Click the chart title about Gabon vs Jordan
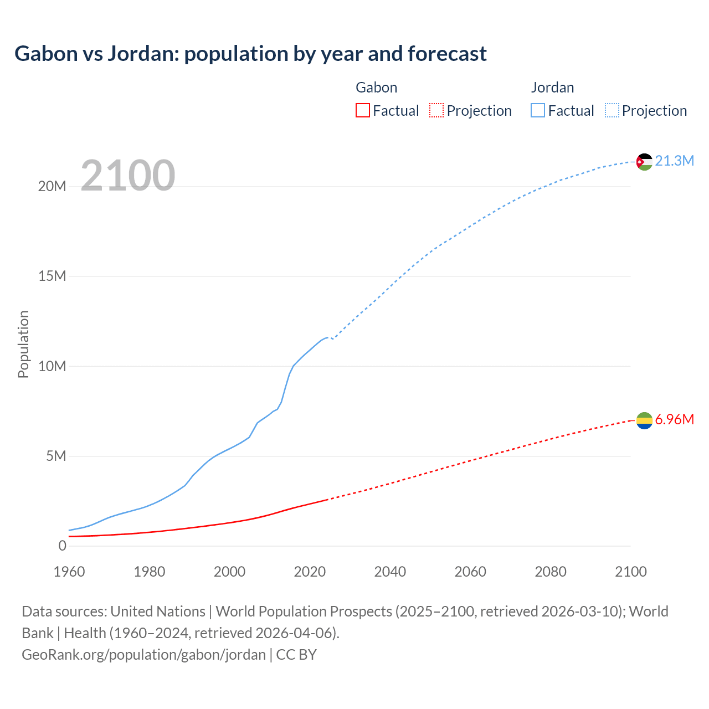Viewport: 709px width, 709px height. click(x=250, y=54)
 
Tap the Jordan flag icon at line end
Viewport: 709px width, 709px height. click(x=644, y=162)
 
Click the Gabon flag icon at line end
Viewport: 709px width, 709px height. click(x=644, y=420)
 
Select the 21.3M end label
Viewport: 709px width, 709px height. click(x=674, y=161)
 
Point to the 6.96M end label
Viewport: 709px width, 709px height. click(x=674, y=420)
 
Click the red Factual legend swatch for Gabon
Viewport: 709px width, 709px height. click(x=362, y=111)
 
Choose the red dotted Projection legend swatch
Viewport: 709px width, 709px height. click(x=436, y=111)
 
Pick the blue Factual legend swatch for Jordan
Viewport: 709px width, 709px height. click(x=538, y=111)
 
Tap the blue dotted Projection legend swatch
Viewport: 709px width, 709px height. click(x=612, y=111)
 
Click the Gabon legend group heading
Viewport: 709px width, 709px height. click(x=376, y=88)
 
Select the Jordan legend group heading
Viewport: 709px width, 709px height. click(x=552, y=88)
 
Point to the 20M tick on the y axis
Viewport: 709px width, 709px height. click(x=52, y=187)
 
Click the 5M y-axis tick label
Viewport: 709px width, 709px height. click(x=56, y=456)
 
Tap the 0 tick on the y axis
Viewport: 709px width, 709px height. click(x=62, y=546)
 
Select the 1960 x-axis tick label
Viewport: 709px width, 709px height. click(x=69, y=572)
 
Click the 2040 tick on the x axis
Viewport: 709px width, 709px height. click(x=390, y=572)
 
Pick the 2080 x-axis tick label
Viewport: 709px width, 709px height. click(x=551, y=572)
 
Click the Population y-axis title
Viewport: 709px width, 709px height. click(x=23, y=344)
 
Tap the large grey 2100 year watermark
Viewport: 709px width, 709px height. click(x=128, y=176)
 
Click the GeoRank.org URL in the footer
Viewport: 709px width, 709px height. click(x=143, y=655)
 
